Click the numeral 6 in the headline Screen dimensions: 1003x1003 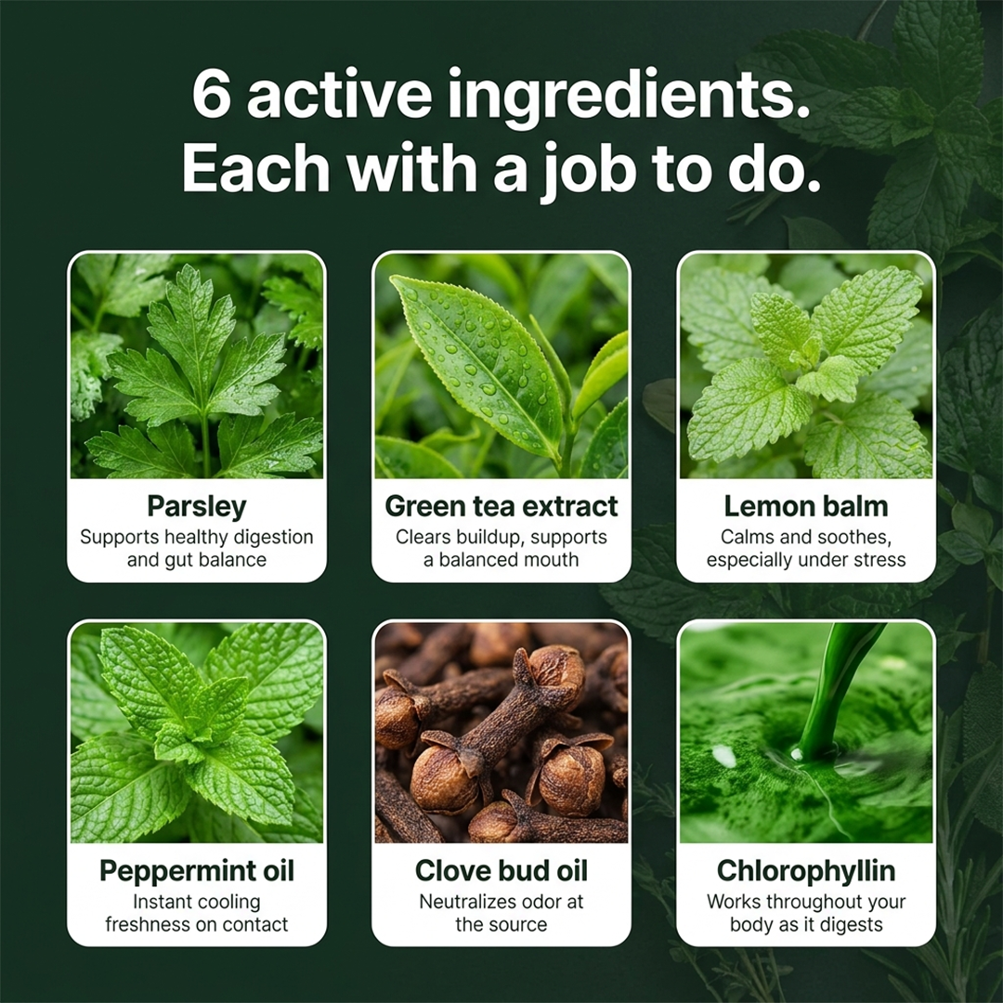click(211, 95)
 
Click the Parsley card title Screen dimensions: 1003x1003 click(196, 507)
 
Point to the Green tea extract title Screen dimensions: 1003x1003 click(501, 506)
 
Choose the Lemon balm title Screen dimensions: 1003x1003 click(806, 506)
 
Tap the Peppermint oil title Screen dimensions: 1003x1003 click(196, 871)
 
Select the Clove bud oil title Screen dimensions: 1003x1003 click(501, 870)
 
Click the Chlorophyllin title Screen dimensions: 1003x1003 click(806, 871)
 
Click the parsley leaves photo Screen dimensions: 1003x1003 click(196, 365)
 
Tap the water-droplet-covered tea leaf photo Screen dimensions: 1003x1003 click(501, 365)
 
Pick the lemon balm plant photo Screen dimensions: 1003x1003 click(806, 365)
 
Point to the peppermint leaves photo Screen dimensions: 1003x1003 click(196, 733)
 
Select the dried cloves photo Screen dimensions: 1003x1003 click(501, 733)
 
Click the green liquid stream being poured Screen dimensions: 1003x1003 click(831, 691)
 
